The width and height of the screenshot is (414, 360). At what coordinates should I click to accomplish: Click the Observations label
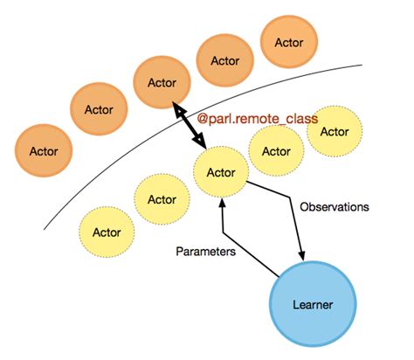pos(335,207)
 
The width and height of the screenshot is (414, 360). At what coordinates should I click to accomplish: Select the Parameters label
pos(205,250)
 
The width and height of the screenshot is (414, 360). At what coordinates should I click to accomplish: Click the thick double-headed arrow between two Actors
pos(192,125)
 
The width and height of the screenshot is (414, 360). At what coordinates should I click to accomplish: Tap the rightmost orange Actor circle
pos(289,42)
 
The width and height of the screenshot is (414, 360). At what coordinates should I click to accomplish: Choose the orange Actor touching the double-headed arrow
pos(162,83)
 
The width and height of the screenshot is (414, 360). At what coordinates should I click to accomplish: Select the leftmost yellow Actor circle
pos(107,232)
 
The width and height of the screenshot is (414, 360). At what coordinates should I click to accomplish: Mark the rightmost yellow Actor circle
pos(335,131)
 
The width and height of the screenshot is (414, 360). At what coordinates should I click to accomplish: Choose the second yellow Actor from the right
pos(277,150)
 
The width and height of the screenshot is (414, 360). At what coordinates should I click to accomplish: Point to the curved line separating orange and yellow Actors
pos(105,175)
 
